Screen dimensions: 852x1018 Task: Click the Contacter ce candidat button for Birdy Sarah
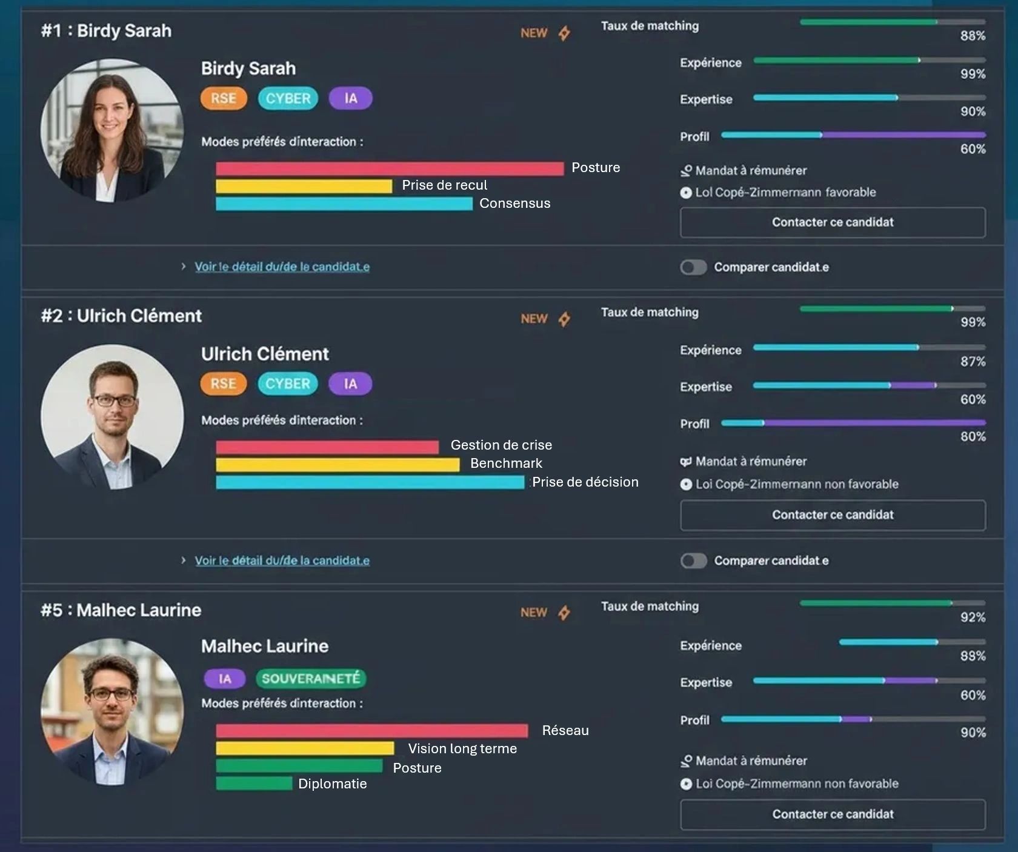[833, 222]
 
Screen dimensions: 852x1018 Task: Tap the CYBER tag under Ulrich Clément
[288, 384]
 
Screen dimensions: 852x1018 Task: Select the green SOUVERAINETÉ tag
[311, 679]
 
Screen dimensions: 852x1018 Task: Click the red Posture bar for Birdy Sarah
[390, 168]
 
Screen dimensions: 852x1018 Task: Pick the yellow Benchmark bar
[338, 465]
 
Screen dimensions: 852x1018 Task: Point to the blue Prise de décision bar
[370, 482]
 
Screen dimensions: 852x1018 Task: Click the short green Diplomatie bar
[254, 784]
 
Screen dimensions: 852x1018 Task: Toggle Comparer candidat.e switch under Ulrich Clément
[693, 561]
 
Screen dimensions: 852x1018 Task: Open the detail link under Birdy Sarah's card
[282, 267]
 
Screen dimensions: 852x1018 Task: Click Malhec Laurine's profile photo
[112, 710]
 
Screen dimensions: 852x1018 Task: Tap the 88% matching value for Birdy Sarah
[973, 36]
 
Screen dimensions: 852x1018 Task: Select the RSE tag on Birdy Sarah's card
[224, 99]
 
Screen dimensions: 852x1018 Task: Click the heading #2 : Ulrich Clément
[121, 316]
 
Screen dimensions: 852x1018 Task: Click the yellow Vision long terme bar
[305, 748]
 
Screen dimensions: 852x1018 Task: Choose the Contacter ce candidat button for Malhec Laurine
[833, 814]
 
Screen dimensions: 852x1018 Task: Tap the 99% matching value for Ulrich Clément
[973, 322]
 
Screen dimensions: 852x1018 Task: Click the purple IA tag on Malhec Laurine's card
[225, 679]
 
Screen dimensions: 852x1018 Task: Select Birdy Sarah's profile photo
[112, 130]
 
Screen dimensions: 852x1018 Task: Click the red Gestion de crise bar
[327, 447]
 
